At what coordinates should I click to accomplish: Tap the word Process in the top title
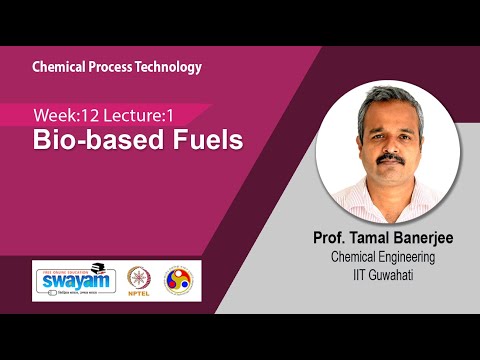112,67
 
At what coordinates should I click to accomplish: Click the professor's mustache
393,159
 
